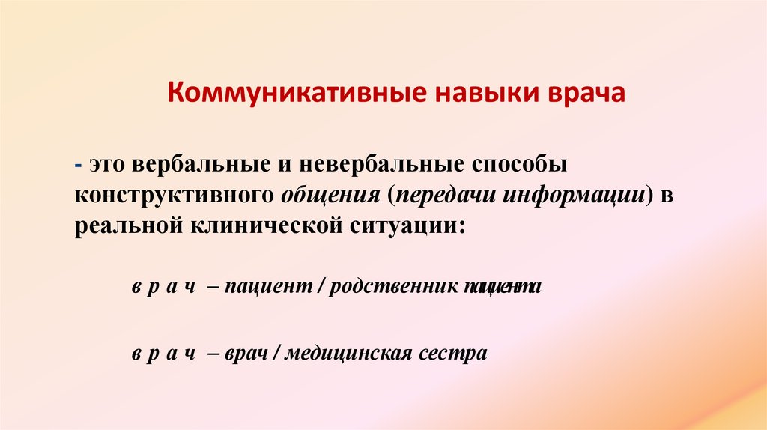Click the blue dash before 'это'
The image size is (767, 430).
[x=78, y=163]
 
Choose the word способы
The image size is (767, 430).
[x=522, y=163]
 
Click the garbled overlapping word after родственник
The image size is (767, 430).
[x=500, y=288]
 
